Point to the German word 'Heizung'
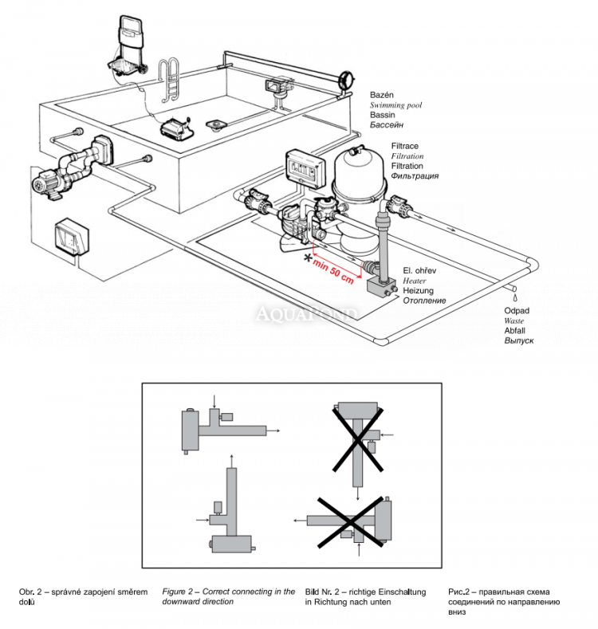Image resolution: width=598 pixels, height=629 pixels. pos(419,291)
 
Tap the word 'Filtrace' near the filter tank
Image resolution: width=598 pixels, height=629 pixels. pos(407,147)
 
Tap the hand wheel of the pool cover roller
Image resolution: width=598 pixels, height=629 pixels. pos(346,81)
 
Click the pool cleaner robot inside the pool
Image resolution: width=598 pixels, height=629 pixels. pos(176,126)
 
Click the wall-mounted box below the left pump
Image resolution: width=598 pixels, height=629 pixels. pos(71,238)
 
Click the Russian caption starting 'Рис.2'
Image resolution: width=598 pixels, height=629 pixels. pos(460,592)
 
